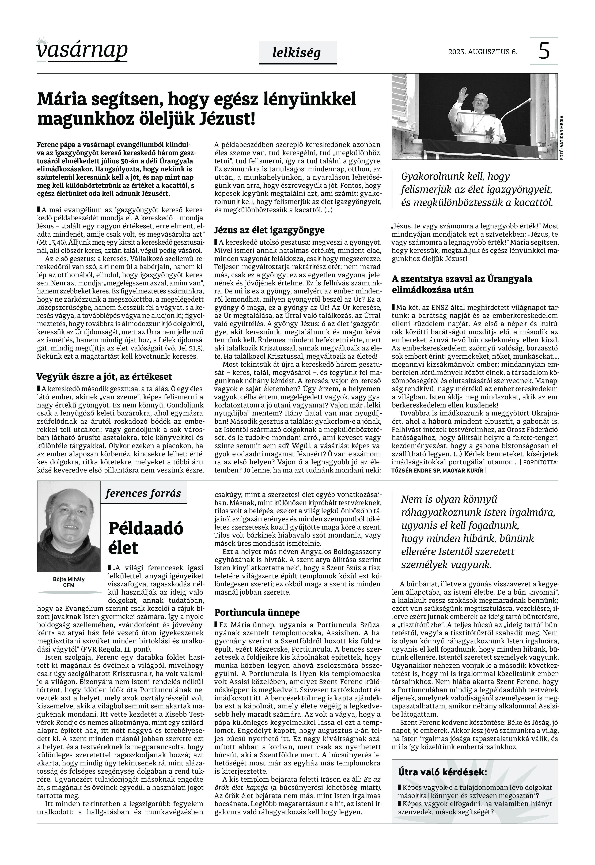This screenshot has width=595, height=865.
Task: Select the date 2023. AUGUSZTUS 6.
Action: [482, 52]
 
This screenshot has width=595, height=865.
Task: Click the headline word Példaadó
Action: [146, 528]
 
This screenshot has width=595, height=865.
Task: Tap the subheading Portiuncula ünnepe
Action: [257, 613]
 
